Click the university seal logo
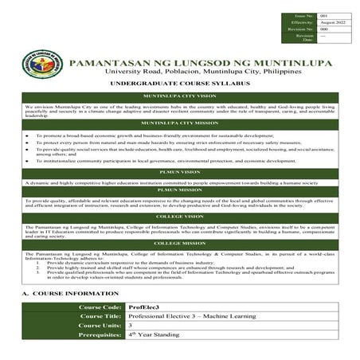click(x=44, y=67)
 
